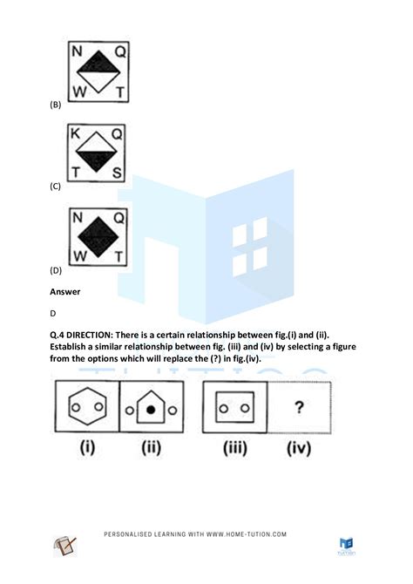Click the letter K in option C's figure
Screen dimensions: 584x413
tap(77, 133)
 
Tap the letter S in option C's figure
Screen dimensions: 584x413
tap(118, 172)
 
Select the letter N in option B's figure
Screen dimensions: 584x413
tap(77, 52)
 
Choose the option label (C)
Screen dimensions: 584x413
tap(56, 187)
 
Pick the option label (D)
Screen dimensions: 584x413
tap(56, 270)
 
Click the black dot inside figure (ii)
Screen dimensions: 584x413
tap(152, 409)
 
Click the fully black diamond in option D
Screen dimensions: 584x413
tap(97, 235)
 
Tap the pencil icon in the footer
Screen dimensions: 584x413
tap(64, 547)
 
